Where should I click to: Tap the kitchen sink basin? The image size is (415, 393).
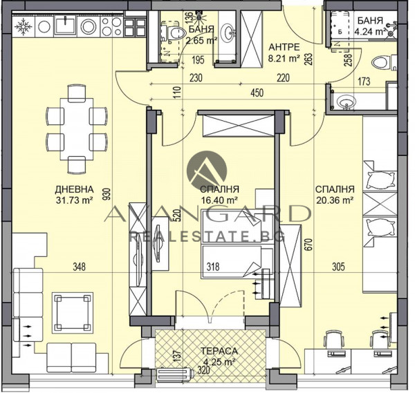65,24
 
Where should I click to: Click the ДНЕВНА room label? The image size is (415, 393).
74,189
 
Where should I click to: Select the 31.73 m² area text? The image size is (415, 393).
74,200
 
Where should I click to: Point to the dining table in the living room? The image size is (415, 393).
77,129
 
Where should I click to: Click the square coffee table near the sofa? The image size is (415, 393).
73,313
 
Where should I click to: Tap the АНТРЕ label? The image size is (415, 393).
284,47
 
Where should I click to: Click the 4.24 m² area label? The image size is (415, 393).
370,32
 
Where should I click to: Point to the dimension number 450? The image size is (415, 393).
257,93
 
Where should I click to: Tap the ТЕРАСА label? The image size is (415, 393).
219,351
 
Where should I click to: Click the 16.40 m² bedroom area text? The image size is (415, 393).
219,200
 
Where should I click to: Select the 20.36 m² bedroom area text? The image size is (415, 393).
335,200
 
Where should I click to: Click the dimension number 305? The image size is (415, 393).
338,267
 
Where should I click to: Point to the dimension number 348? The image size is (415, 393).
79,267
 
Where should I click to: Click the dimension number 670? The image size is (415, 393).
310,245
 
